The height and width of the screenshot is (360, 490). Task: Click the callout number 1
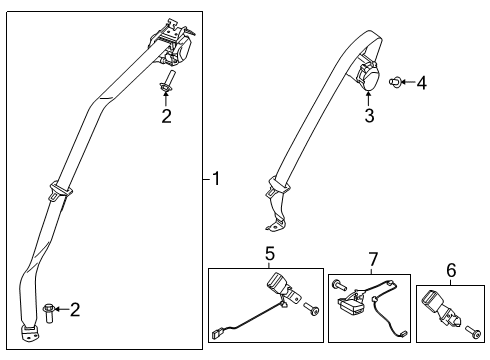(217, 180)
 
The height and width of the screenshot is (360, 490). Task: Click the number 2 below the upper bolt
(167, 118)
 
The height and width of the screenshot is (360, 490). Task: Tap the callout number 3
(367, 118)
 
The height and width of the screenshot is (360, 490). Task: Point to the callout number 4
(421, 84)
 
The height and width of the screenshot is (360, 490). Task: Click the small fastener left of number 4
(397, 82)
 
